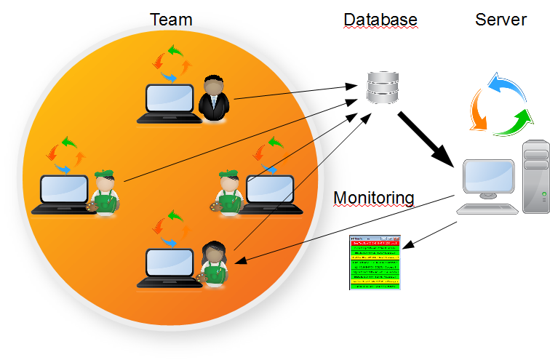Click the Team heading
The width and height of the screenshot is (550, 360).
[x=171, y=19]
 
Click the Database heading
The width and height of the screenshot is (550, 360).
[x=380, y=20]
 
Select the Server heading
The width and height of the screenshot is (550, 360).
[x=501, y=20]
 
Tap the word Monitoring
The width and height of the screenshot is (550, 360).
[x=373, y=198]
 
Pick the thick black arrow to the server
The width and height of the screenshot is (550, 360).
[x=426, y=138]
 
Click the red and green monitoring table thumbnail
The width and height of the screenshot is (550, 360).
[x=375, y=263]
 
